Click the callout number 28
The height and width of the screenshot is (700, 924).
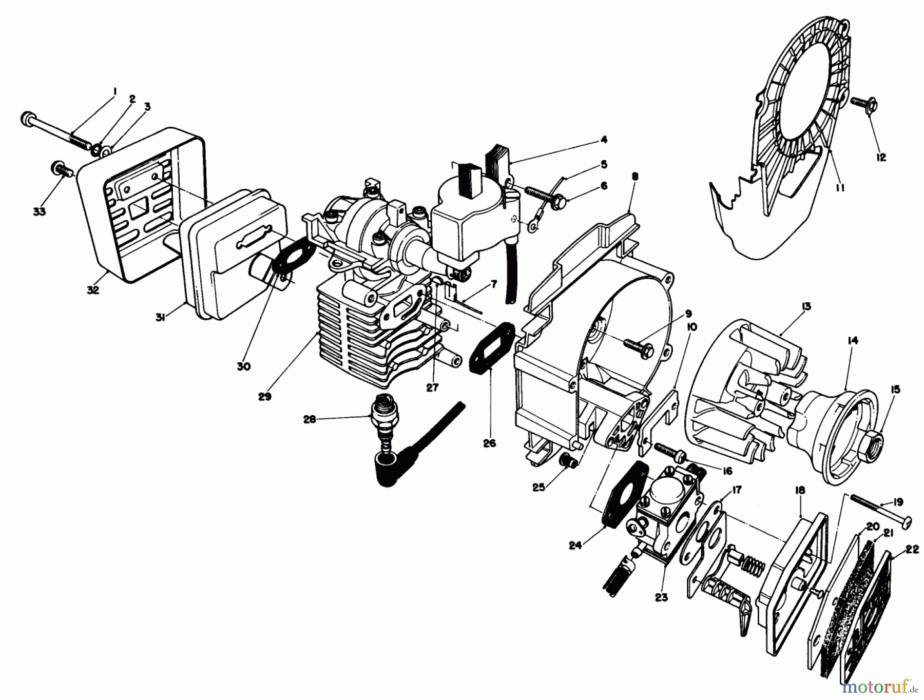tap(309, 419)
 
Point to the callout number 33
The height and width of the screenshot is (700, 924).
tap(40, 211)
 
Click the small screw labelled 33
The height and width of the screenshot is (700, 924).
tap(61, 169)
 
